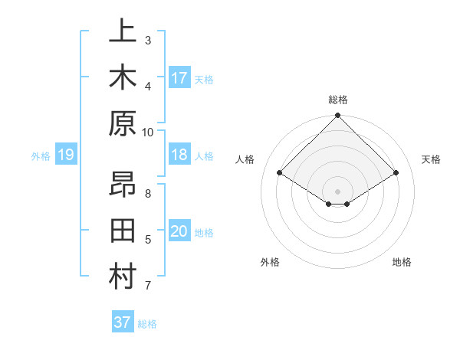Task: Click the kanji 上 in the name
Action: click(x=123, y=33)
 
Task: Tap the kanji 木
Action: click(x=123, y=79)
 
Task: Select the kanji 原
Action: click(x=123, y=125)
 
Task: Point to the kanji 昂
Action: click(x=123, y=187)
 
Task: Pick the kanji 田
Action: click(x=123, y=233)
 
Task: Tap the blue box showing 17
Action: click(x=179, y=78)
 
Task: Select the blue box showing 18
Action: click(x=179, y=155)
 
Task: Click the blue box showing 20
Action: click(x=179, y=232)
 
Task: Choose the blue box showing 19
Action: click(x=66, y=155)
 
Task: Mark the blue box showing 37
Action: click(x=123, y=322)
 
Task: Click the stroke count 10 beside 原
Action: click(x=148, y=132)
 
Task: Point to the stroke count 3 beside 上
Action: click(x=148, y=40)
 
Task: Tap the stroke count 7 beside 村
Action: click(x=148, y=286)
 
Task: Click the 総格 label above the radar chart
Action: click(x=337, y=100)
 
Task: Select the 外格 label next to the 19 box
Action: click(x=41, y=156)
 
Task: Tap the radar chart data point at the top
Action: click(x=337, y=116)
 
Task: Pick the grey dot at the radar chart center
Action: click(x=337, y=190)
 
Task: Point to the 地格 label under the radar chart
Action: click(x=402, y=262)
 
